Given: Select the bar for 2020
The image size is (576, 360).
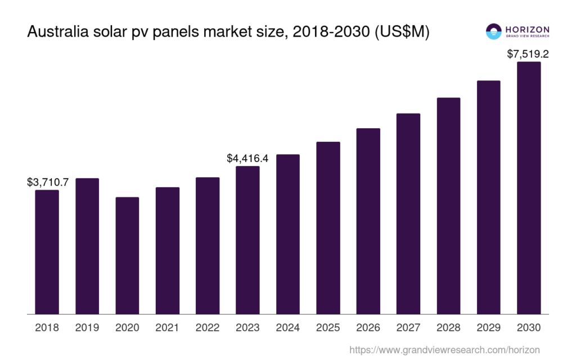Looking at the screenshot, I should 127,256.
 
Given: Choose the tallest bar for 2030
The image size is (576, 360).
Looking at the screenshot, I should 529,188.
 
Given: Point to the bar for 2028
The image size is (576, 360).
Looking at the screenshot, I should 448,206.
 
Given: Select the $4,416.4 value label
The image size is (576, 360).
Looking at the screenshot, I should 247,158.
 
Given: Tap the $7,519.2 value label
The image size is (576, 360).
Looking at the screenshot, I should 528,54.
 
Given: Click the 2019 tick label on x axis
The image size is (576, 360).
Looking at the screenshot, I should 87,327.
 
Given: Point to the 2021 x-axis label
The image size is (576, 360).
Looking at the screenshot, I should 167,327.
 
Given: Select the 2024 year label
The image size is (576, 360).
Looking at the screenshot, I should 287,327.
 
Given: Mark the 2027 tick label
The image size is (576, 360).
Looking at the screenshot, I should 408,327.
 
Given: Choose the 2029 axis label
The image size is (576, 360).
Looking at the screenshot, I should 488,327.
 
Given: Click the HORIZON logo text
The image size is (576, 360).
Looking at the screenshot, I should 526,29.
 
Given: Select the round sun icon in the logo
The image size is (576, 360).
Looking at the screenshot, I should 493,31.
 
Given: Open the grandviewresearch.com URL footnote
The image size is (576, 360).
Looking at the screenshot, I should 444,350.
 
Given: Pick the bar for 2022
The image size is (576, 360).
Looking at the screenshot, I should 208,246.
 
